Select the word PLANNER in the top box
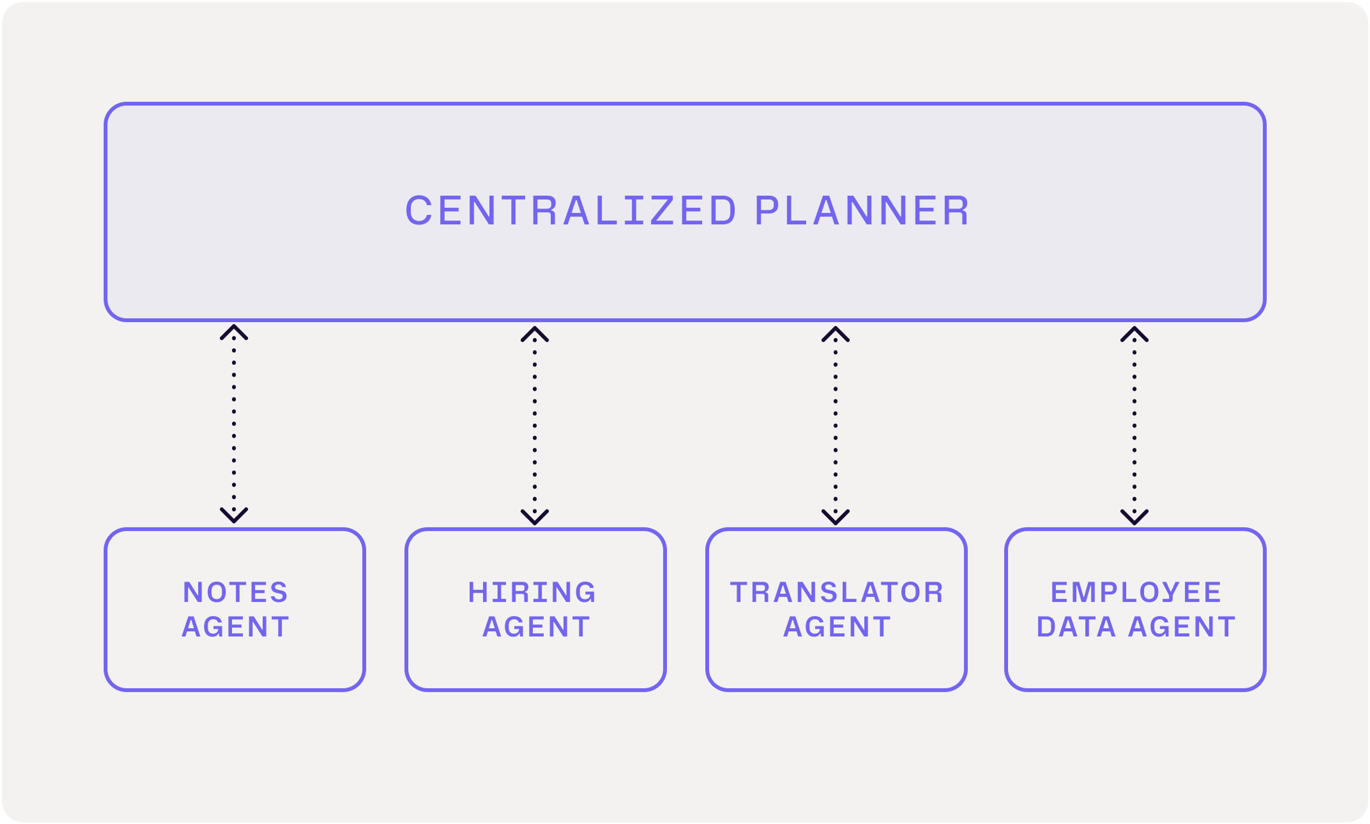[862, 211]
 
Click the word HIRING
[532, 592]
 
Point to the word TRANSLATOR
[837, 592]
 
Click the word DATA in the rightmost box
[1076, 627]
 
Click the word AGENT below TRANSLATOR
[837, 627]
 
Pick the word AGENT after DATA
[1182, 627]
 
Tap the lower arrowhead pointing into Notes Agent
[234, 516]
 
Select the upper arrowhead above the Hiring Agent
[534, 333]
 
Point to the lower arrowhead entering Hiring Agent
[534, 517]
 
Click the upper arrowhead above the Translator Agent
[836, 333]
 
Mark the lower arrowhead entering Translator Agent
[836, 517]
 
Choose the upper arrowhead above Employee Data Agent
[1134, 333]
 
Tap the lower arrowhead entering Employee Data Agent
[1134, 517]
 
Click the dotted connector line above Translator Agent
[836, 425]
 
